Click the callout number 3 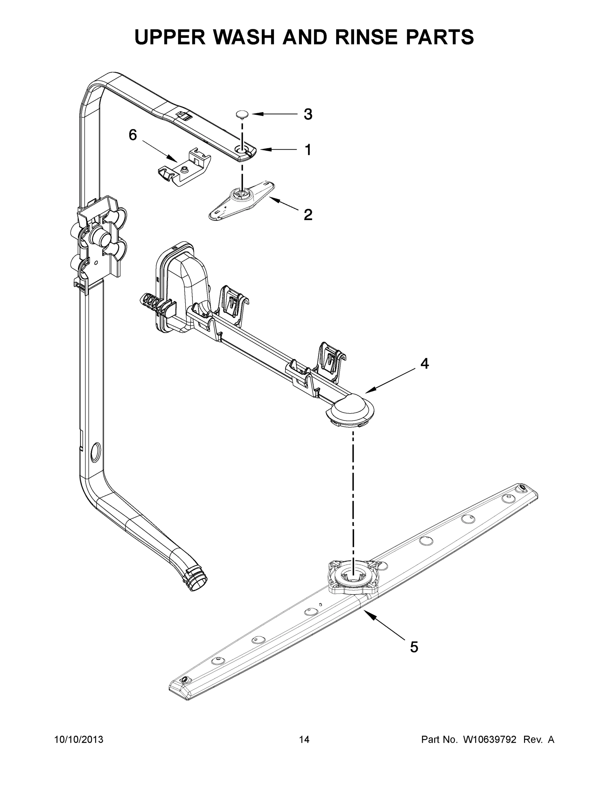pos(307,114)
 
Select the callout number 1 pos(307,150)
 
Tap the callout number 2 pos(307,215)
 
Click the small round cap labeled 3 pos(242,114)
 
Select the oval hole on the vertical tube pos(95,452)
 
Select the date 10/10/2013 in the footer pos(79,739)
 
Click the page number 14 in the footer pos(304,739)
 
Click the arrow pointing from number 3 pos(274,114)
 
